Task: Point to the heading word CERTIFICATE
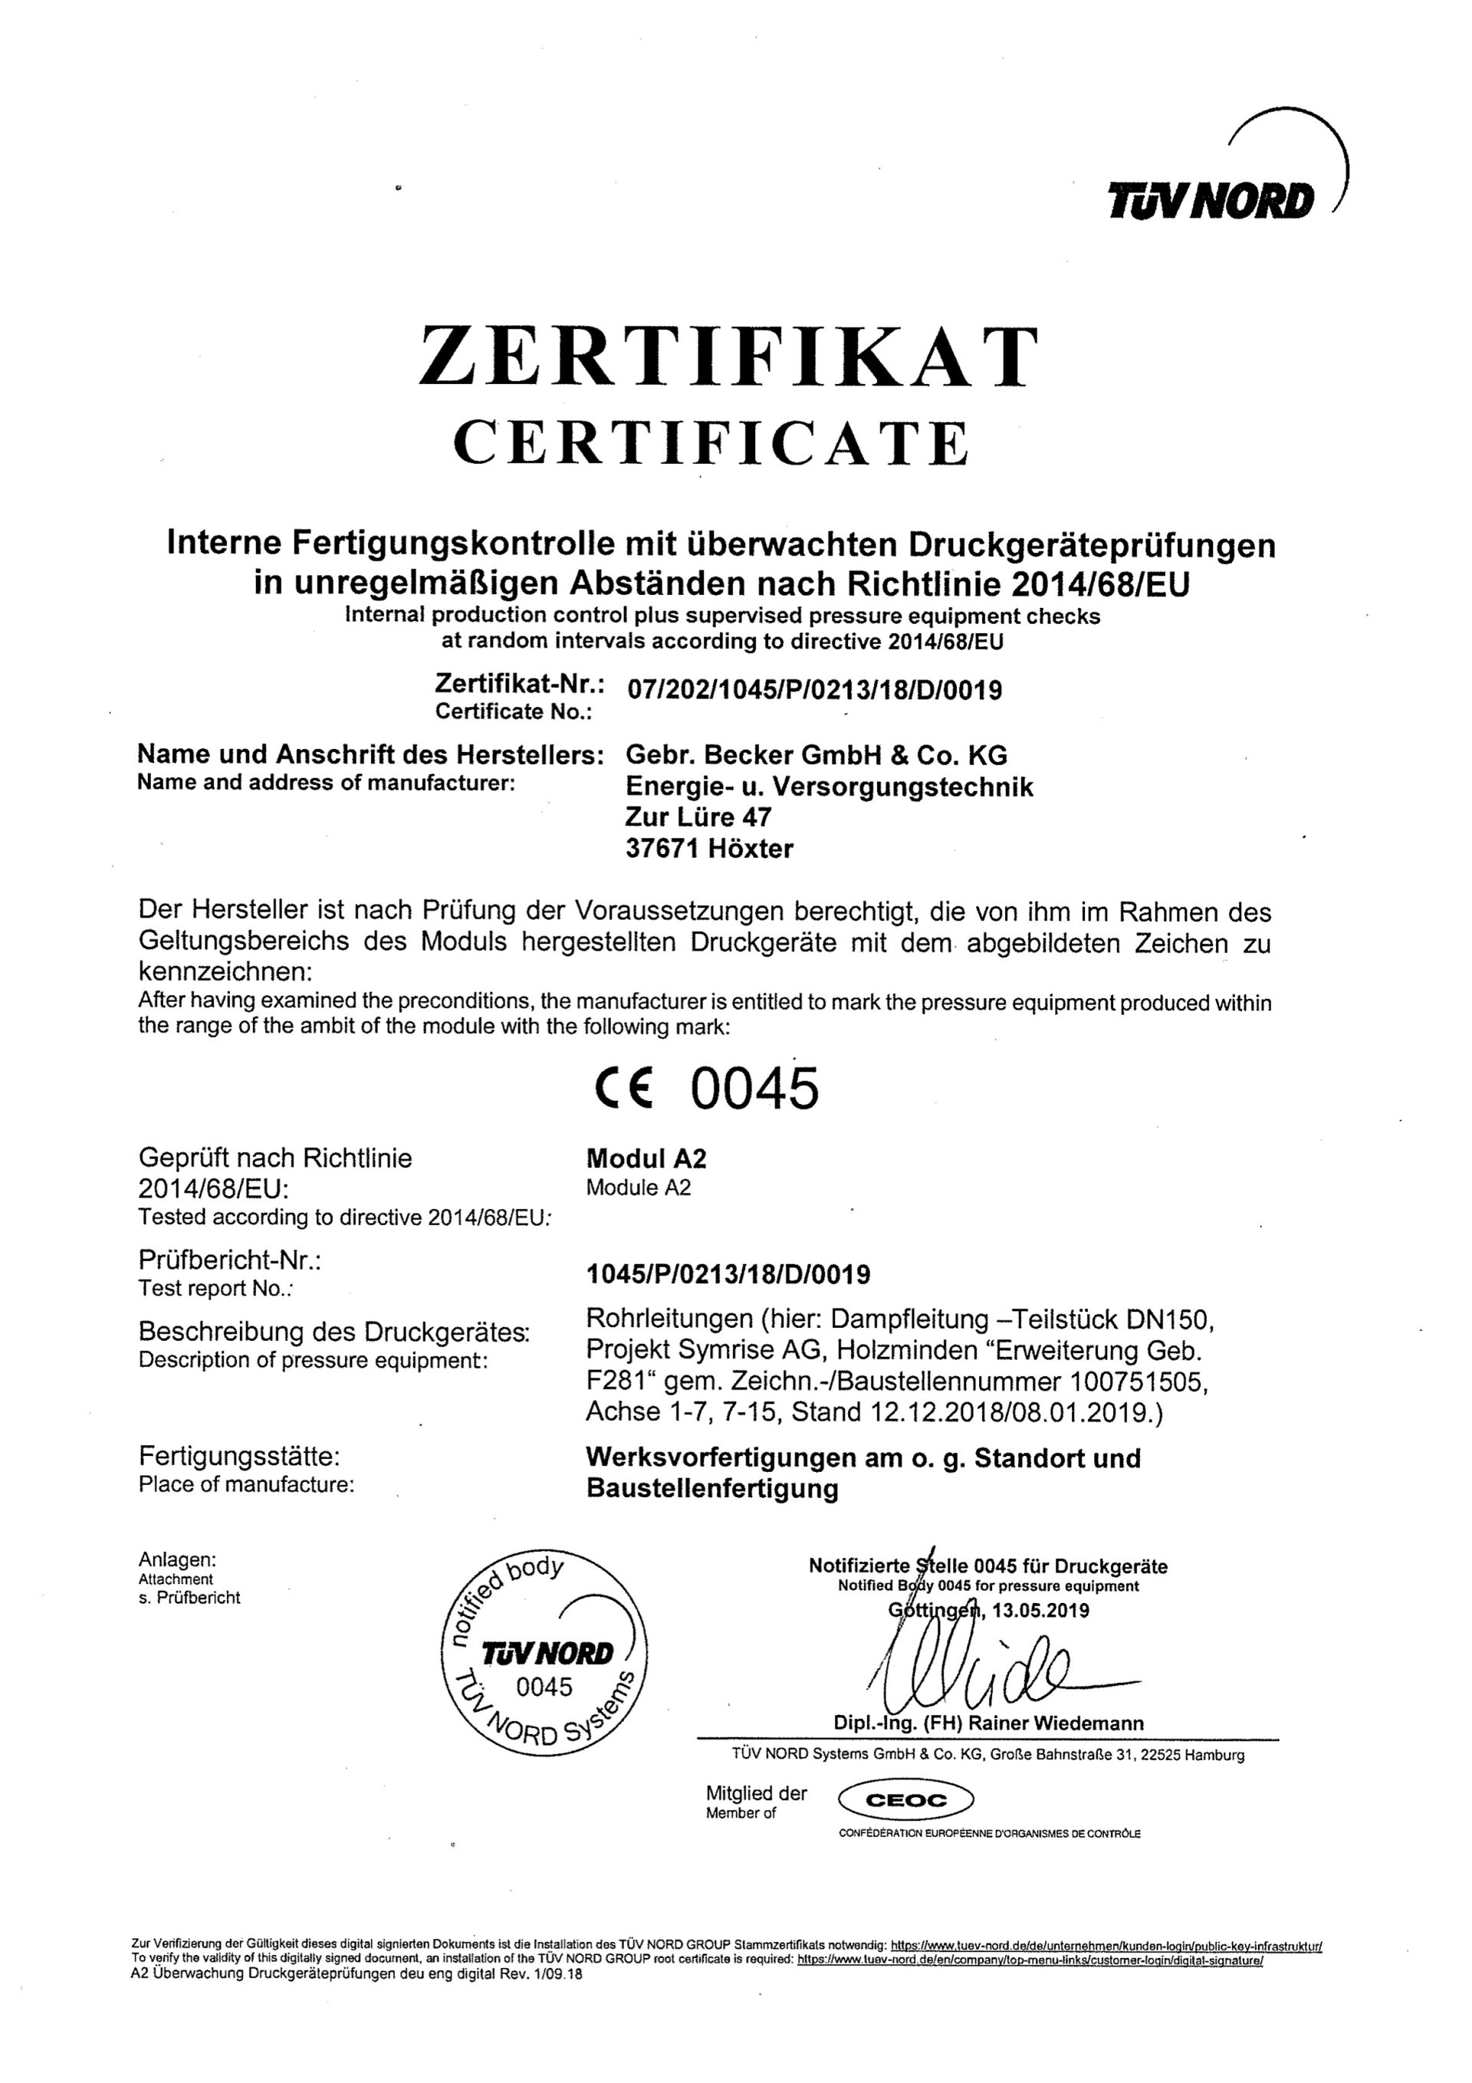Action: pos(711,444)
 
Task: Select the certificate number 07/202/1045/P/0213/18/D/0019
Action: pos(815,692)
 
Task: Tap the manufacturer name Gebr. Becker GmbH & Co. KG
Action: pos(816,755)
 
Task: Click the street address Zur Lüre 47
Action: pos(698,817)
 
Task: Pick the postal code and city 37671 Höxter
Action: pos(710,849)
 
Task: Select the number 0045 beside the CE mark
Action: pos(754,1089)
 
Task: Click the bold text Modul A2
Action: pos(646,1158)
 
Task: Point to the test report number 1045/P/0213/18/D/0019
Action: pos(728,1276)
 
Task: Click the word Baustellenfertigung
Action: pos(712,1489)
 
